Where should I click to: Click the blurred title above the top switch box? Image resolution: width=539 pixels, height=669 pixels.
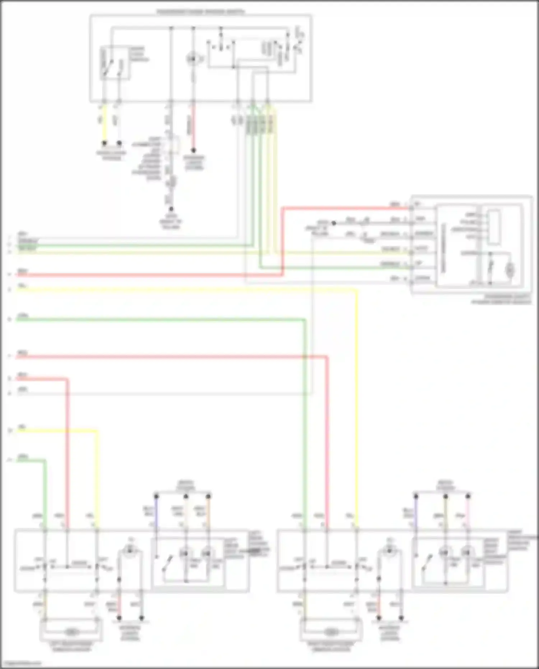[200, 12]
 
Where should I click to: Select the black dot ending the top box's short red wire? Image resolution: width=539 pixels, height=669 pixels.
[193, 150]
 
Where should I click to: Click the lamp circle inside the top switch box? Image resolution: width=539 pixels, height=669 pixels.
[193, 59]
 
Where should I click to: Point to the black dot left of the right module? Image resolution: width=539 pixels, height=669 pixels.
[334, 223]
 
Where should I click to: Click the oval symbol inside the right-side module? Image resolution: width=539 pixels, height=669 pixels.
[510, 269]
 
